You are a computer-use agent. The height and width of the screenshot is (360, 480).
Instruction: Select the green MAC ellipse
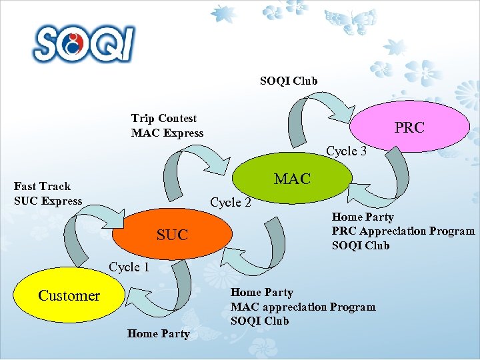[x=292, y=179]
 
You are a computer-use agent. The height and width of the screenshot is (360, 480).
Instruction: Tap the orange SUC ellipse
[x=172, y=234]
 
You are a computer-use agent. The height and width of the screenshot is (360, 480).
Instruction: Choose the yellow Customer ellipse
[x=69, y=295]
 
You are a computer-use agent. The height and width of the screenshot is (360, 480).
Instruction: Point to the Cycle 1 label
[x=129, y=267]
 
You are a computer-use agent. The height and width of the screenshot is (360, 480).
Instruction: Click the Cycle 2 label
[x=230, y=202]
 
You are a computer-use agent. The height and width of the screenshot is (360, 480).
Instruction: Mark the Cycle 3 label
[x=346, y=151]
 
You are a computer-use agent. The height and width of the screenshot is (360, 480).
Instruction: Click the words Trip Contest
[x=164, y=119]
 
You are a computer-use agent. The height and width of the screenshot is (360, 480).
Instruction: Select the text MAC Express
[x=167, y=133]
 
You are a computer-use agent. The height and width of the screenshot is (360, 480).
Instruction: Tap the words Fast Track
[x=42, y=186]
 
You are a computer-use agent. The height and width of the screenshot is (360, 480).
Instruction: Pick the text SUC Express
[x=48, y=201]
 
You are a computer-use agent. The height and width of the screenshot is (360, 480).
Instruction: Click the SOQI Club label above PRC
[x=289, y=81]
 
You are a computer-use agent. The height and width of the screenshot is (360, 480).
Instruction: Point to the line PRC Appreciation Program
[x=403, y=231]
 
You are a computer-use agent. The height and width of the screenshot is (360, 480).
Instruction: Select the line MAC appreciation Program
[x=303, y=307]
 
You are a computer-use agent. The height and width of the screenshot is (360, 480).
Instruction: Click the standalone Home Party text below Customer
[x=158, y=333]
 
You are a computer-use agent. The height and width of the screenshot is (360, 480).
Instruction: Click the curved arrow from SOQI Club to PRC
[x=313, y=113]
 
